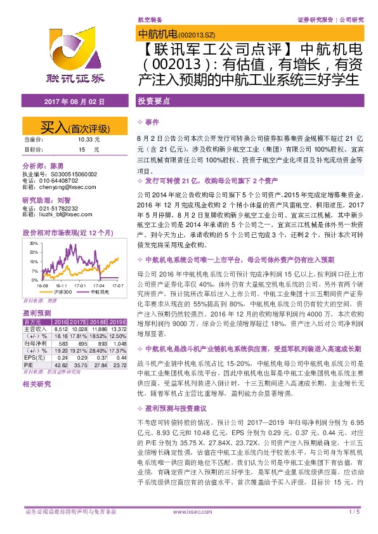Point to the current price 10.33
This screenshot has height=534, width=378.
[85, 139]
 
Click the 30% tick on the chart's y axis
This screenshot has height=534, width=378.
[33, 242]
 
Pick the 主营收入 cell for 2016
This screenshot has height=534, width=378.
[61, 329]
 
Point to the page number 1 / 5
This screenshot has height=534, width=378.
[355, 511]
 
